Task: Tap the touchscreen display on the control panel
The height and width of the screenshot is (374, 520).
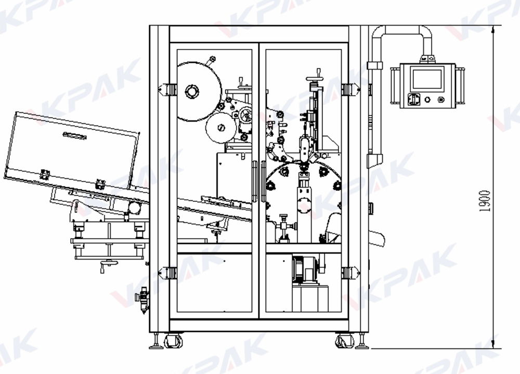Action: tap(426, 79)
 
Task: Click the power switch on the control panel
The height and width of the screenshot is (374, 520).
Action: tap(414, 99)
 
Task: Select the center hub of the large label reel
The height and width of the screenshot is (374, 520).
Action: tap(191, 93)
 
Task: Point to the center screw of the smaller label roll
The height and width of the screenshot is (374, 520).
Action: tap(220, 126)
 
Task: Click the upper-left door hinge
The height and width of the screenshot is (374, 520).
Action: tap(168, 89)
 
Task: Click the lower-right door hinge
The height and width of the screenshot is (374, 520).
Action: tap(349, 272)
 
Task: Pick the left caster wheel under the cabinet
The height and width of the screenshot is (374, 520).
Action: tap(172, 341)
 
